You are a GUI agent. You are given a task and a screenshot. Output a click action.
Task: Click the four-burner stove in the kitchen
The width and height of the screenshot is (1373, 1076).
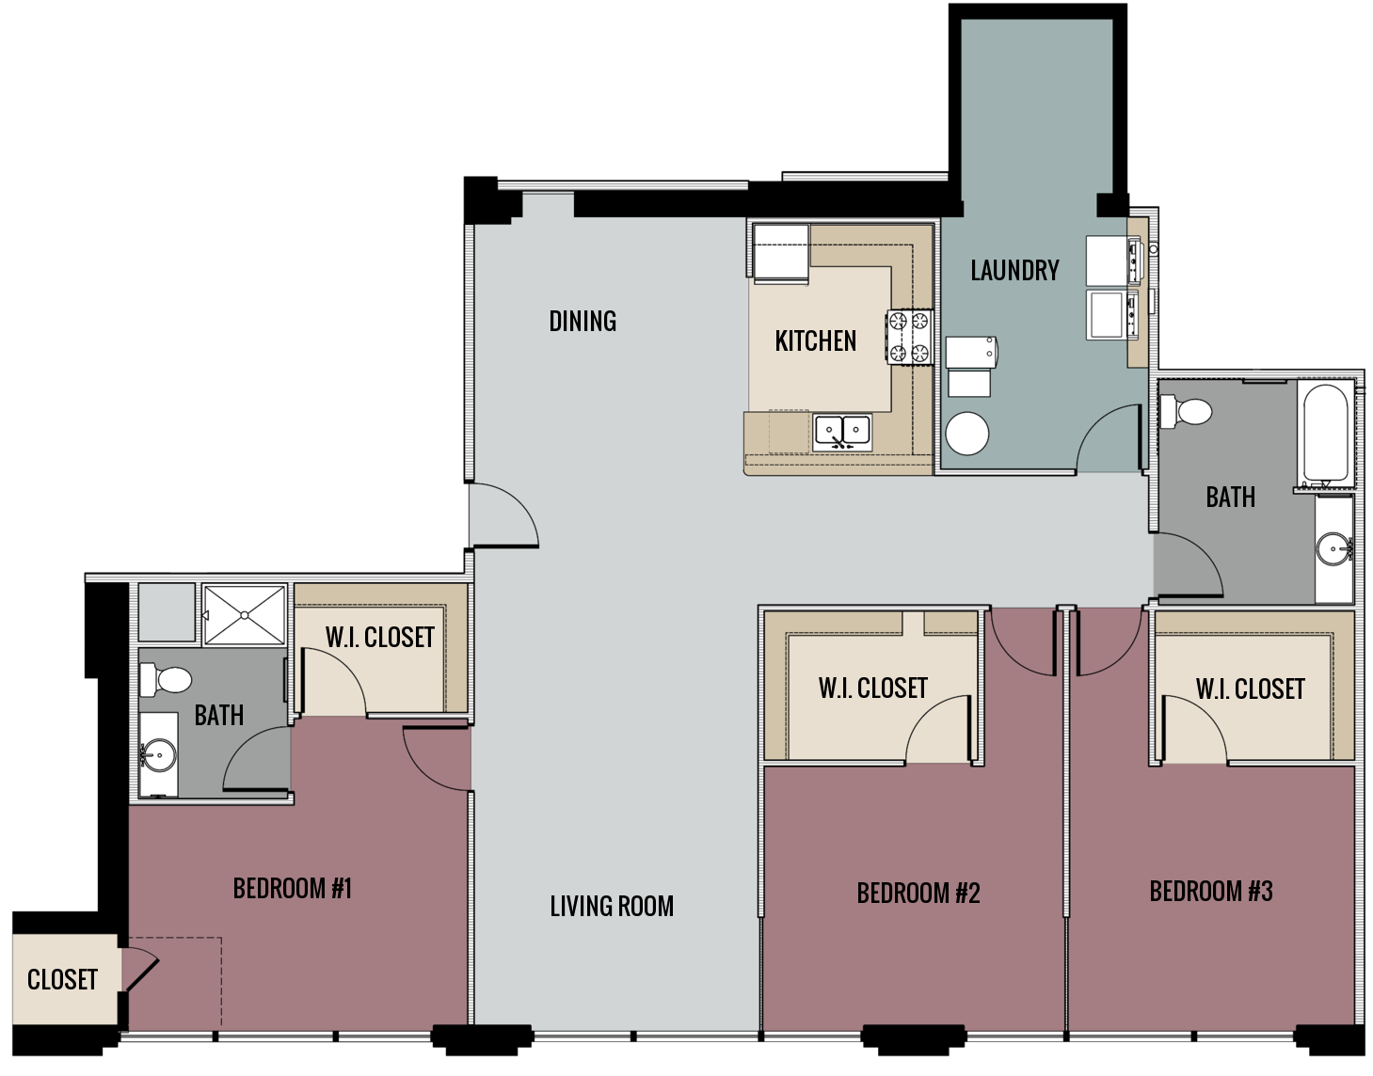click(x=908, y=337)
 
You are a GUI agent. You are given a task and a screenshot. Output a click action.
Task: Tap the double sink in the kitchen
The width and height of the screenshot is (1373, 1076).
click(x=842, y=432)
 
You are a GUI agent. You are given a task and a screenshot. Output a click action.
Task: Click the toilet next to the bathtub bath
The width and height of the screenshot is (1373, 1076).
click(x=1186, y=411)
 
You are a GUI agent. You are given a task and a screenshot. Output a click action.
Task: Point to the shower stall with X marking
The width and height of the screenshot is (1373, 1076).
click(x=245, y=615)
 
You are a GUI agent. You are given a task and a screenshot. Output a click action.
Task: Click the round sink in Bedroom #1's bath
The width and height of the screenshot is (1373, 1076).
click(x=158, y=754)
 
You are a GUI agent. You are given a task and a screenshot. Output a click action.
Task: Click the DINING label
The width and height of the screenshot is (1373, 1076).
click(x=583, y=322)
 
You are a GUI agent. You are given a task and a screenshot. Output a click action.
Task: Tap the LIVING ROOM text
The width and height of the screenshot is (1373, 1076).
click(x=612, y=907)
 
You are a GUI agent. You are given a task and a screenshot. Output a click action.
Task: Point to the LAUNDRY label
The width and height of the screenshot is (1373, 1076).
click(x=1014, y=271)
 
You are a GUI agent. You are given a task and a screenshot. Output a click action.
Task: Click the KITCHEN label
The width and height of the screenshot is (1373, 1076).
click(x=815, y=340)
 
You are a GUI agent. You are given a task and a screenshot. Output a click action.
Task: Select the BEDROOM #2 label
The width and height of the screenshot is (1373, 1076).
click(x=918, y=893)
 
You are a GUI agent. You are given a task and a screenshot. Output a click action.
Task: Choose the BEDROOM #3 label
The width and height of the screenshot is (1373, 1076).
click(x=1210, y=891)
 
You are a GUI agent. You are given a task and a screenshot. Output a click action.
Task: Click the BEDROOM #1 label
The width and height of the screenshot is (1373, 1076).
click(x=292, y=889)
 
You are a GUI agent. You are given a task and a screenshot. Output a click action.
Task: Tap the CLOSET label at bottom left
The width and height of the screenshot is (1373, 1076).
click(x=62, y=980)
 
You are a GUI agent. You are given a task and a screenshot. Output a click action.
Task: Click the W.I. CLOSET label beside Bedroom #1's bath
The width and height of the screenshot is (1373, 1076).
click(x=379, y=638)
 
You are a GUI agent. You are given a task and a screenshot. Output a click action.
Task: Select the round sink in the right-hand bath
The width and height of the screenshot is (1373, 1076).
click(x=1333, y=549)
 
